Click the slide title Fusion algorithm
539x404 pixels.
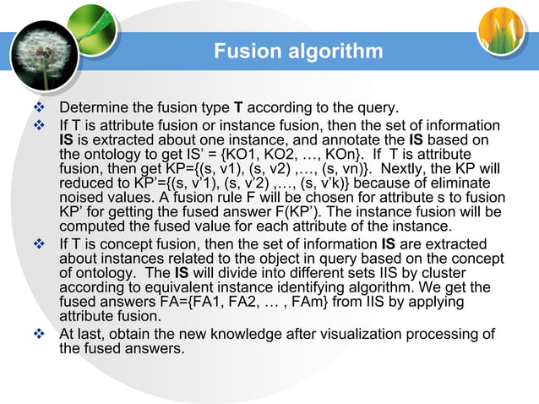click(x=297, y=52)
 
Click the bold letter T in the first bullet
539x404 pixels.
click(x=238, y=108)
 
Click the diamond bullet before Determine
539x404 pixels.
click(x=35, y=108)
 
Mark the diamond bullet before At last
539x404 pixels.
click(x=35, y=333)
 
